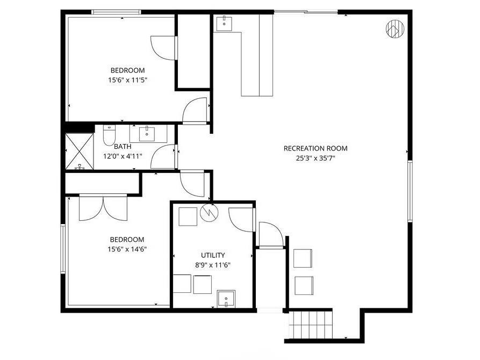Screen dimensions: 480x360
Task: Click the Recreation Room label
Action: (316, 148)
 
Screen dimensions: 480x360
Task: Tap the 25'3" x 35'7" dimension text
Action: (316, 159)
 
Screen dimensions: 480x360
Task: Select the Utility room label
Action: (213, 255)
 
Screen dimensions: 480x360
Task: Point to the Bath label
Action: (123, 147)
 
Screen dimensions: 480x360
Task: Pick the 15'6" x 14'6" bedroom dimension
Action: (127, 249)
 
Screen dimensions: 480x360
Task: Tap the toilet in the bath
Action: (109, 135)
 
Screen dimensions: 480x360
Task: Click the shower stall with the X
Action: (80, 151)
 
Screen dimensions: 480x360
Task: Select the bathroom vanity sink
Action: (147, 134)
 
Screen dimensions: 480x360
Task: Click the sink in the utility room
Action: (226, 299)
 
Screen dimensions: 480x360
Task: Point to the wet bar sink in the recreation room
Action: (224, 24)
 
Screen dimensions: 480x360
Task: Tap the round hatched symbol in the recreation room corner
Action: (395, 29)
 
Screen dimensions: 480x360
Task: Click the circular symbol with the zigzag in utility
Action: (209, 212)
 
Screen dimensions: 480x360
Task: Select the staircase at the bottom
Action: (310, 324)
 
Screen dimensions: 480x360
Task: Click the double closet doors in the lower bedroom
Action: (103, 207)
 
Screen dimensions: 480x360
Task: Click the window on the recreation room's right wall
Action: (410, 191)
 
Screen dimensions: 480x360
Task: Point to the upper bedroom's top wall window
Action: (116, 12)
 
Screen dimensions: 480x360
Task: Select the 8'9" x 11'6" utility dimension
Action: (213, 265)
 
